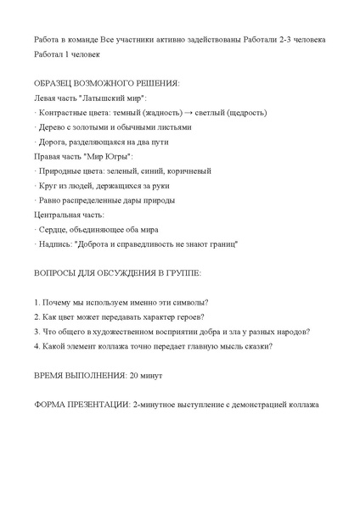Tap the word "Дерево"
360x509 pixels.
pos(53,127)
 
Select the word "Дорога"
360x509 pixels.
pos(53,143)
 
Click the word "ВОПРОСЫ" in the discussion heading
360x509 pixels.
pos(56,274)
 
